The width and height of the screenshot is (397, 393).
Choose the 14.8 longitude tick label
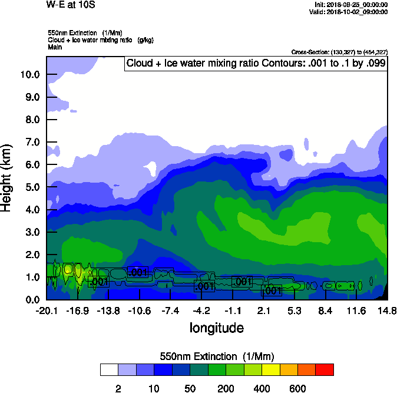pos(387,311)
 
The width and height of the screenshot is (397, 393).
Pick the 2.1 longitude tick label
pos(263,311)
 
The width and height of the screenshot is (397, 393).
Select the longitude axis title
pos(216,328)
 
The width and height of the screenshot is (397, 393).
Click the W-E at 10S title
pos(71,5)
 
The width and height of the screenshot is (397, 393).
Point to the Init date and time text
pos(352,5)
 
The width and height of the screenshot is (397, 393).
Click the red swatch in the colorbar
pos(325,370)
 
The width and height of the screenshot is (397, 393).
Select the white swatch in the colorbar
pos(109,370)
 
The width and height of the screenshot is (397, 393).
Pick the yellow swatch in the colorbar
pos(271,370)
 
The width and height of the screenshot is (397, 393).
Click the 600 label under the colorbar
pos(298,389)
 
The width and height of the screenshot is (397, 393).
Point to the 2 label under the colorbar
pos(118,389)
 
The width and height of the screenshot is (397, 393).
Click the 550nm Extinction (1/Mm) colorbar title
pos(217,356)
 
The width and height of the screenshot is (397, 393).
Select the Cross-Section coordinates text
pos(339,52)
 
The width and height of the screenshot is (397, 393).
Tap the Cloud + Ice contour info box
pos(255,64)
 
